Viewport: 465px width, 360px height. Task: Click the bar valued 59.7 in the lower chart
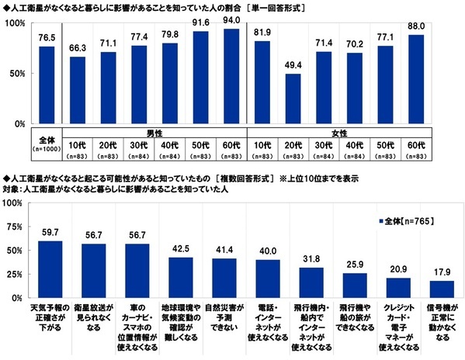pyautogui.click(x=50, y=269)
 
